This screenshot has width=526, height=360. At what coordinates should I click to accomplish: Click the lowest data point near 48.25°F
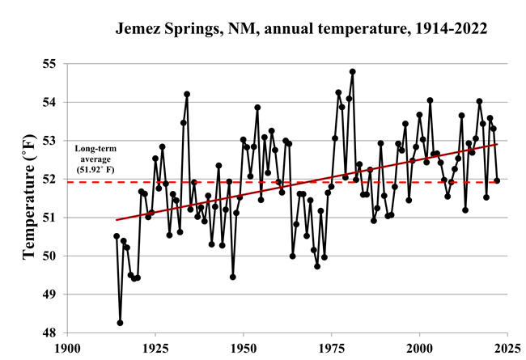pos(120,323)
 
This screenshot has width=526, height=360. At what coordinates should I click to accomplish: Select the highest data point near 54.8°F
pos(352,71)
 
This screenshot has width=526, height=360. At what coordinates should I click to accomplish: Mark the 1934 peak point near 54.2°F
pos(187,94)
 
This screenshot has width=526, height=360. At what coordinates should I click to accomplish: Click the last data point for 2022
pos(497,180)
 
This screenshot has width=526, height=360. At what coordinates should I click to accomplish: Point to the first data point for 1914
pos(117,236)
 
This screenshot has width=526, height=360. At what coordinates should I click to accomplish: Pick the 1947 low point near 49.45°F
pos(233,277)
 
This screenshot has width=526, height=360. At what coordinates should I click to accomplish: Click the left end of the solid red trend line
pos(117,220)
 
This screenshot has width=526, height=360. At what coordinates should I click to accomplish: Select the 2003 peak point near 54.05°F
pos(430,100)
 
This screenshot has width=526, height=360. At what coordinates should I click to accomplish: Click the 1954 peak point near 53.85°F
pos(257,108)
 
